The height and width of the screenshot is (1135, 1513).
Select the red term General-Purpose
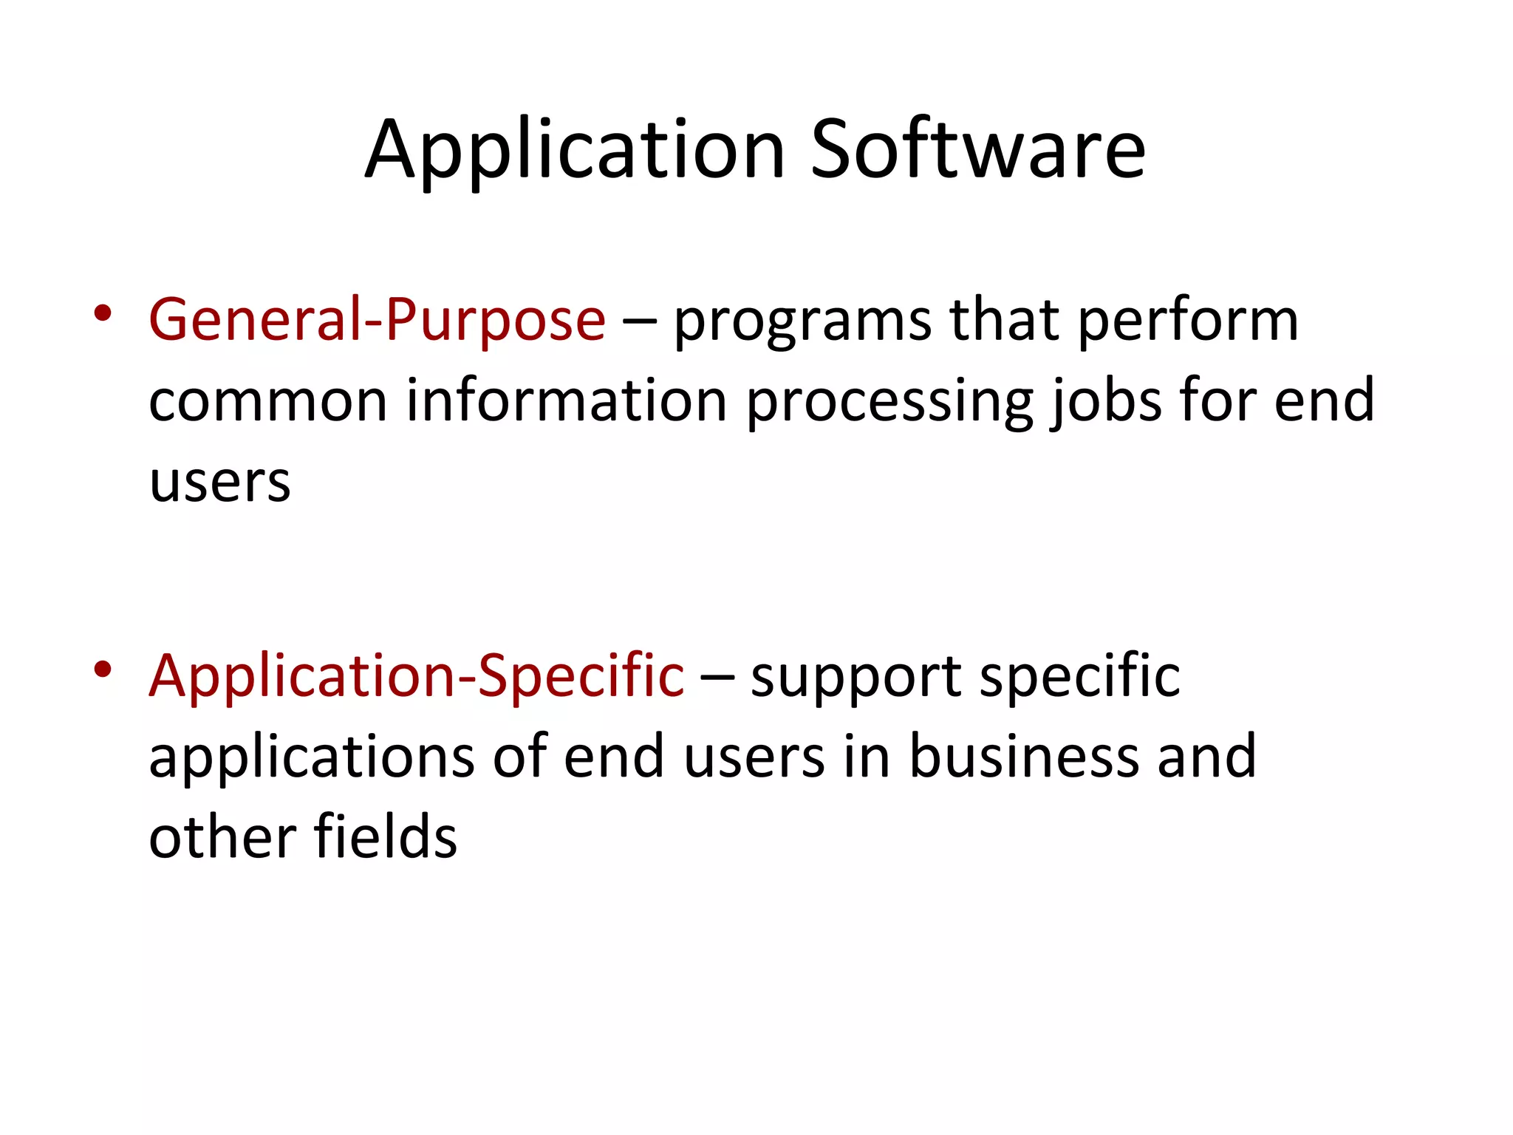pyautogui.click(x=377, y=320)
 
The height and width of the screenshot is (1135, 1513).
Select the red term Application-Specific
pyautogui.click(x=416, y=676)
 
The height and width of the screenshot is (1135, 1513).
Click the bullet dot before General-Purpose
pyautogui.click(x=103, y=313)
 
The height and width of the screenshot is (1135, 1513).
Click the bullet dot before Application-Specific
pyautogui.click(x=103, y=669)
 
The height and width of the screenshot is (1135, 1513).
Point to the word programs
pyautogui.click(x=802, y=324)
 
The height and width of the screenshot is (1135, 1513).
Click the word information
pyautogui.click(x=567, y=400)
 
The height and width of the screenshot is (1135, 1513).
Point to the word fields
pyautogui.click(x=385, y=836)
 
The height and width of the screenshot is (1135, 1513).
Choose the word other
pyautogui.click(x=222, y=836)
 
